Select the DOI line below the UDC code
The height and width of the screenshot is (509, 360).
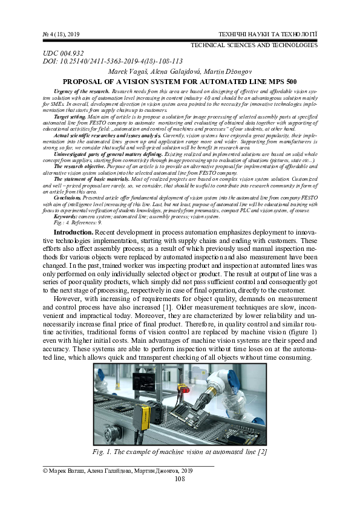click(x=113, y=62)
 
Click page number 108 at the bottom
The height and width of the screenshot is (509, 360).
click(x=179, y=479)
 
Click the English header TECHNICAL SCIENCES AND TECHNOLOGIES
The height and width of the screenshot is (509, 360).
click(x=254, y=45)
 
